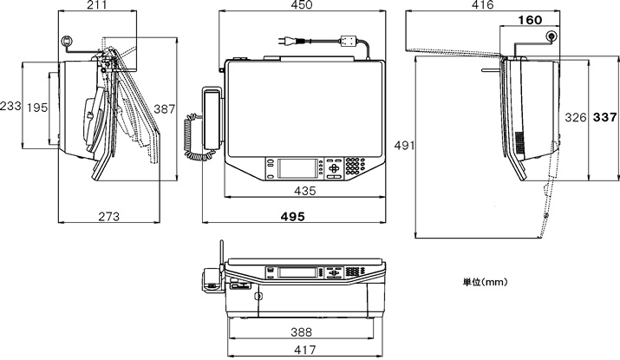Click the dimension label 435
point(304,191)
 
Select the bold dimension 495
point(293,217)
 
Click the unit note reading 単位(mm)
point(484,282)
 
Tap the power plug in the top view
point(287,39)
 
